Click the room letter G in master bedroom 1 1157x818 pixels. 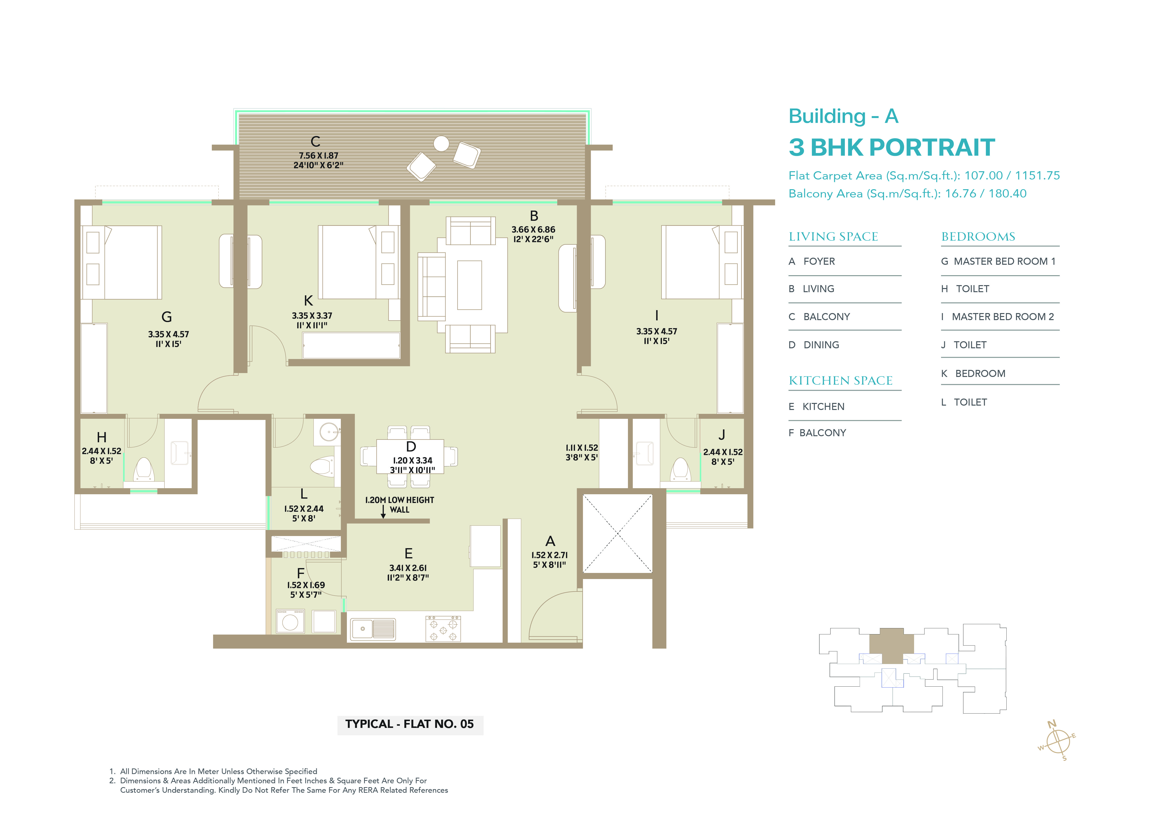click(x=167, y=317)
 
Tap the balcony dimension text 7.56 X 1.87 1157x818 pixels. click(x=318, y=156)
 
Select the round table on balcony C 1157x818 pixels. click(x=441, y=144)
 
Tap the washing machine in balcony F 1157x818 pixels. click(x=290, y=622)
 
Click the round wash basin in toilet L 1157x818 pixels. click(x=329, y=432)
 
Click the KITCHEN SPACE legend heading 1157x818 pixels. click(x=840, y=381)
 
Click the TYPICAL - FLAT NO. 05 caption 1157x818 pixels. click(x=410, y=724)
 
